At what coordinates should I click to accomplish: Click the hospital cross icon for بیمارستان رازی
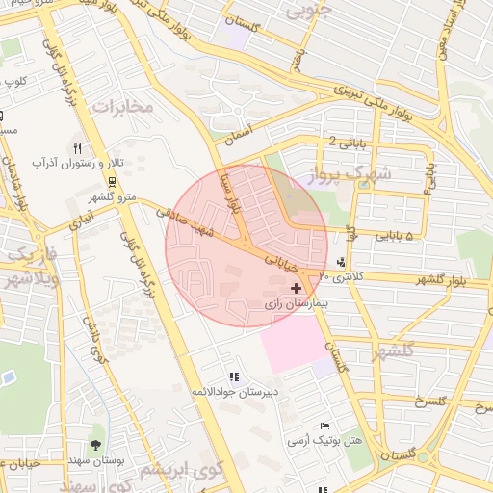click(296, 287)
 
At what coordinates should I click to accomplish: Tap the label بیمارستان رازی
click(297, 302)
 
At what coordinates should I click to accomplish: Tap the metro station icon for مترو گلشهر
click(113, 182)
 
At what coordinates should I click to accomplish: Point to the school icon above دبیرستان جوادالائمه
click(233, 376)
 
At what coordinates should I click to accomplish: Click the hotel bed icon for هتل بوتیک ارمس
click(325, 426)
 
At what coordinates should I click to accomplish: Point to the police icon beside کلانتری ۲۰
click(342, 262)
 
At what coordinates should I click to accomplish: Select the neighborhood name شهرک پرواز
click(348, 174)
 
